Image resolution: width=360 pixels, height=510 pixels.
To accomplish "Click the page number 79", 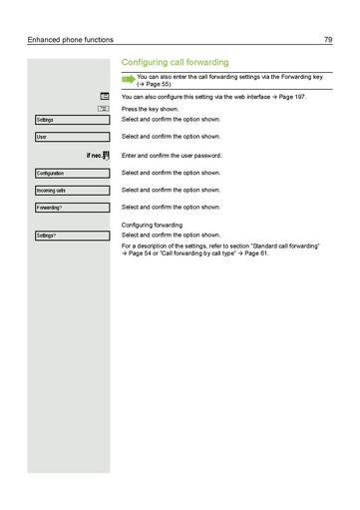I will pos(327,39).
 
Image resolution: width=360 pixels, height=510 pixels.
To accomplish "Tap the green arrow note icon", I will pos(127,78).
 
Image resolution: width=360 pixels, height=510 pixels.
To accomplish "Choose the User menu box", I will pos(71,137).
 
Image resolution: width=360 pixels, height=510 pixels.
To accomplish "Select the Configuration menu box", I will pos(71,174).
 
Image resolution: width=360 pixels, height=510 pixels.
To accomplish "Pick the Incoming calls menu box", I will pos(71,191).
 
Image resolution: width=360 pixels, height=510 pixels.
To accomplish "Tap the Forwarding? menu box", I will pos(71,208).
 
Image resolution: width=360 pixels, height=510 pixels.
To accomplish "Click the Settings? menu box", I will pos(71,236).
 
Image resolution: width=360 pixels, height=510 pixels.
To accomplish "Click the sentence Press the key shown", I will pos(150,109).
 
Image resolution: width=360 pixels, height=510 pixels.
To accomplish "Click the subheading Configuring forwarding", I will pos(152,225).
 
